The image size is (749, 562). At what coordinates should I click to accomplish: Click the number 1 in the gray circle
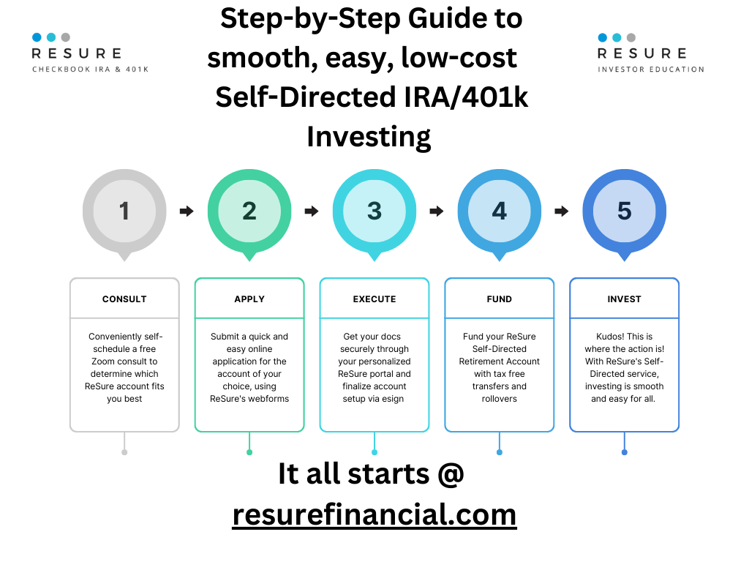tap(124, 211)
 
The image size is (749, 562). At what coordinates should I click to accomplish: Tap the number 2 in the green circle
tap(249, 211)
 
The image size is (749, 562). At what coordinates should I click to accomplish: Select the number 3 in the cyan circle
tap(374, 211)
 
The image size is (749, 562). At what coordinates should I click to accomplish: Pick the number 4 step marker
tap(499, 211)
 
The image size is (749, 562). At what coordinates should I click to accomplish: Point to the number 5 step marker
tap(625, 211)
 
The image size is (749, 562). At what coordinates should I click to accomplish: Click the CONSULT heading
tap(124, 299)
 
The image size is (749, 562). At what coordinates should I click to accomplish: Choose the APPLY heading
tap(249, 299)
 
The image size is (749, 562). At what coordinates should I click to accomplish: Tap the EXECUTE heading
tap(374, 299)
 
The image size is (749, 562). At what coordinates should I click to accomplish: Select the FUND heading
tap(499, 299)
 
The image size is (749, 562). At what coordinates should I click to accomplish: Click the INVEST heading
tap(625, 299)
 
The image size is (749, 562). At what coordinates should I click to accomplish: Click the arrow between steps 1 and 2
tap(187, 211)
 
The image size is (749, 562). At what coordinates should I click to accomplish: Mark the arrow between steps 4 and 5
tap(562, 211)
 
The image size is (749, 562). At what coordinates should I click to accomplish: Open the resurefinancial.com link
tap(374, 514)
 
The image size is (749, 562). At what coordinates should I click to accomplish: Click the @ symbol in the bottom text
tap(451, 474)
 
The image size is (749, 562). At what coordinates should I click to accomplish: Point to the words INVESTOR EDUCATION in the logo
tap(651, 70)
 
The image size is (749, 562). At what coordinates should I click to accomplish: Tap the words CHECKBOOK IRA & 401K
tap(90, 70)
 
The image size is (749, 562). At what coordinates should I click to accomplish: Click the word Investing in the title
tap(369, 137)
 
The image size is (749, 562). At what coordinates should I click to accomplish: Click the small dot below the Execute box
tap(374, 452)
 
